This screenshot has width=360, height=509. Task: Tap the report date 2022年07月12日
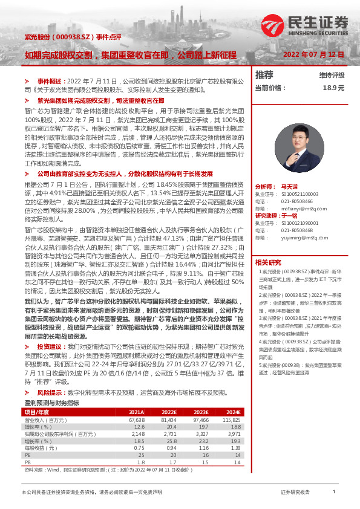pyautogui.click(x=313, y=54)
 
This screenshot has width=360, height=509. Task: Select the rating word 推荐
pyautogui.click(x=264, y=75)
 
